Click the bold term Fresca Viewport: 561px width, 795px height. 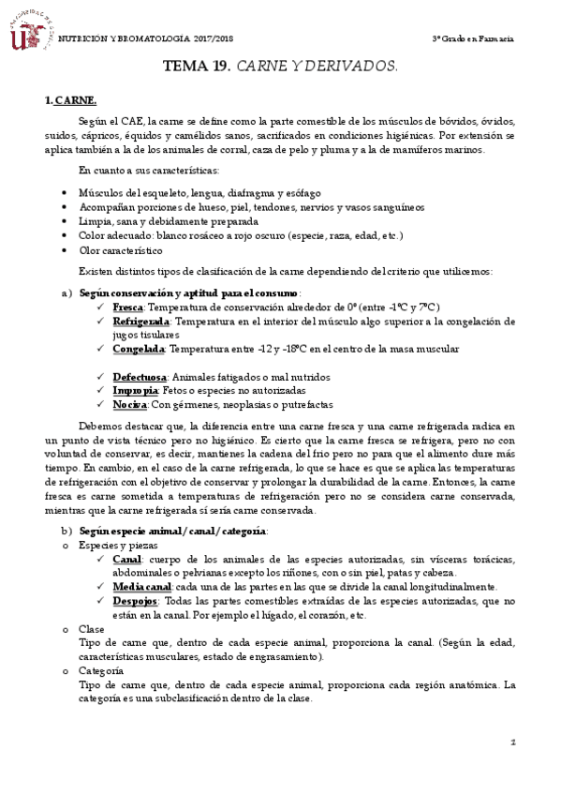point(127,307)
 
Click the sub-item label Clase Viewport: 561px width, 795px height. point(92,629)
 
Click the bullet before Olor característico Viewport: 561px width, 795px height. point(63,250)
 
